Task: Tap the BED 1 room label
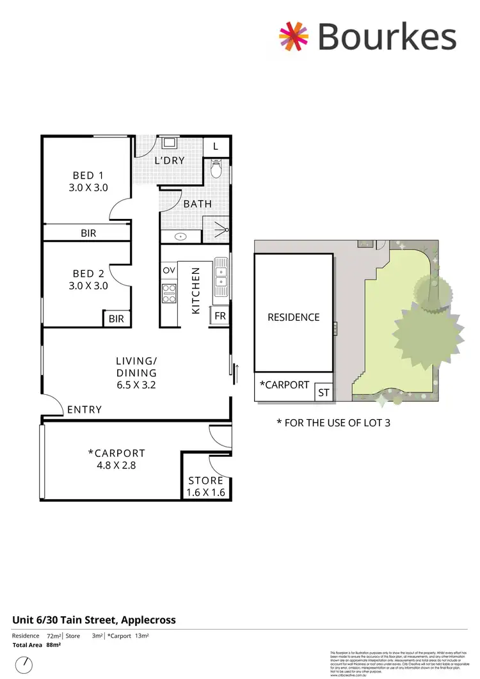[x=88, y=175]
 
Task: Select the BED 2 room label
[x=88, y=273]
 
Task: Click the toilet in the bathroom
[x=216, y=169]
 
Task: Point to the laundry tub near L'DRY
[x=170, y=143]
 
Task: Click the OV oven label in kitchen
[x=169, y=270]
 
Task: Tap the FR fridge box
[x=220, y=316]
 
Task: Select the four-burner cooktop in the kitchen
[x=169, y=293]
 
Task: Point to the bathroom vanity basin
[x=181, y=237]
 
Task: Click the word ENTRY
[x=84, y=410]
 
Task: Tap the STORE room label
[x=206, y=481]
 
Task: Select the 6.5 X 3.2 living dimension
[x=136, y=385]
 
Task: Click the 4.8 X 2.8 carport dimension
[x=116, y=465]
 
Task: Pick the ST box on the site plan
[x=324, y=393]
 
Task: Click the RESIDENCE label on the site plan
[x=293, y=317]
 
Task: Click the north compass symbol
[x=24, y=666]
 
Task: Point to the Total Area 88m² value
[x=57, y=645]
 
